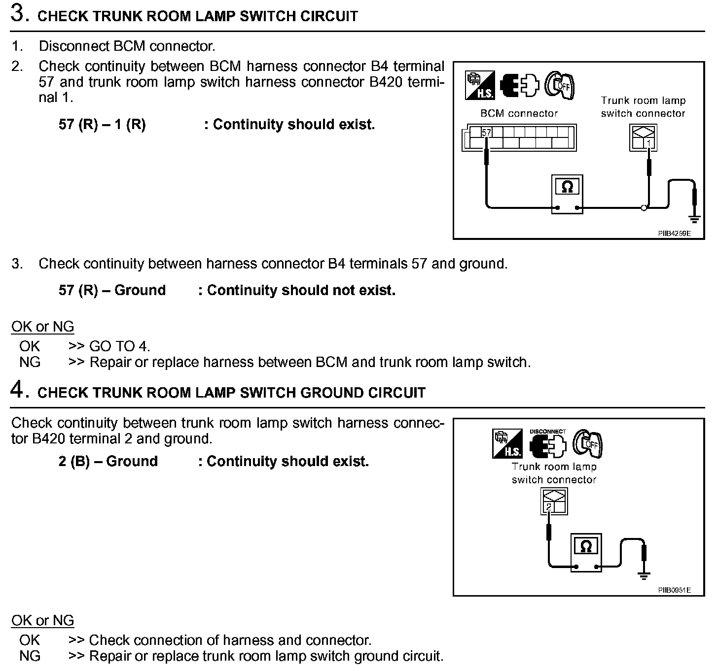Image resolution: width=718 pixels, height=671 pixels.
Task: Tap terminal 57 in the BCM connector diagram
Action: (487, 133)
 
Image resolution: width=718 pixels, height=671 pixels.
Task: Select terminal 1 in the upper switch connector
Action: (649, 143)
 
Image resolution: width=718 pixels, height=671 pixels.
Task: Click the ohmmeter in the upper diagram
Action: (567, 194)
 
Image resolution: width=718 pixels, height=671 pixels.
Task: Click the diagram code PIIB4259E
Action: (674, 234)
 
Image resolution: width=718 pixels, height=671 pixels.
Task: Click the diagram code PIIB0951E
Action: (674, 590)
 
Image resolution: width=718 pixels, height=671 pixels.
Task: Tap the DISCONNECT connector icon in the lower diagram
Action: (547, 444)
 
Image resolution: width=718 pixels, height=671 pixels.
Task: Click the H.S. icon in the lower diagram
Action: (507, 443)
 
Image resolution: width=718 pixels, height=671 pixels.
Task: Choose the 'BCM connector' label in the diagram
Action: (519, 114)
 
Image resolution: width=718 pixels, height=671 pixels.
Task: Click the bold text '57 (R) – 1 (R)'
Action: (102, 125)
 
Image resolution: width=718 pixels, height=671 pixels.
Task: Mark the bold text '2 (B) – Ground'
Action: (108, 462)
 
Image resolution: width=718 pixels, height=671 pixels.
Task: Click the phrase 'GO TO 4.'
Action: (119, 346)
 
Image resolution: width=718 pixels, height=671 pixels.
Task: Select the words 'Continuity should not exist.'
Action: (301, 291)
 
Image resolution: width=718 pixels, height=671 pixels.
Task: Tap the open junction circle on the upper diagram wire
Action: (644, 208)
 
